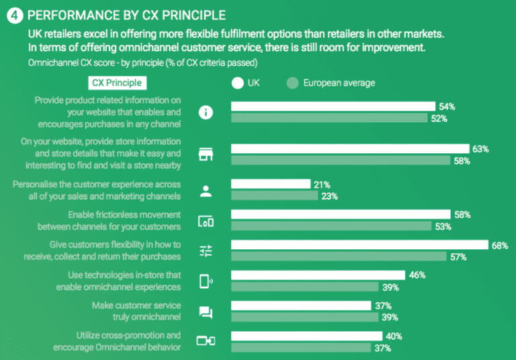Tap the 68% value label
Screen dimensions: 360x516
(x=499, y=245)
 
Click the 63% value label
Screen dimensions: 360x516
(x=480, y=148)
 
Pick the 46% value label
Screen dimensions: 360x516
(x=417, y=275)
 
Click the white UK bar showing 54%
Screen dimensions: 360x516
(x=333, y=106)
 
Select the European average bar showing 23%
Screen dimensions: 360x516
(x=274, y=196)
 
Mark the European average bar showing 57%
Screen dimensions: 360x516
(x=339, y=257)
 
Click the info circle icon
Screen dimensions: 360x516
(x=206, y=112)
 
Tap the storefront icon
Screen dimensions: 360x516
(x=206, y=154)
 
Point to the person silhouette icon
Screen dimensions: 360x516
(x=206, y=191)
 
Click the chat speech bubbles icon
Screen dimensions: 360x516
(x=206, y=312)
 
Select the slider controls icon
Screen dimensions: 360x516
(x=206, y=251)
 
